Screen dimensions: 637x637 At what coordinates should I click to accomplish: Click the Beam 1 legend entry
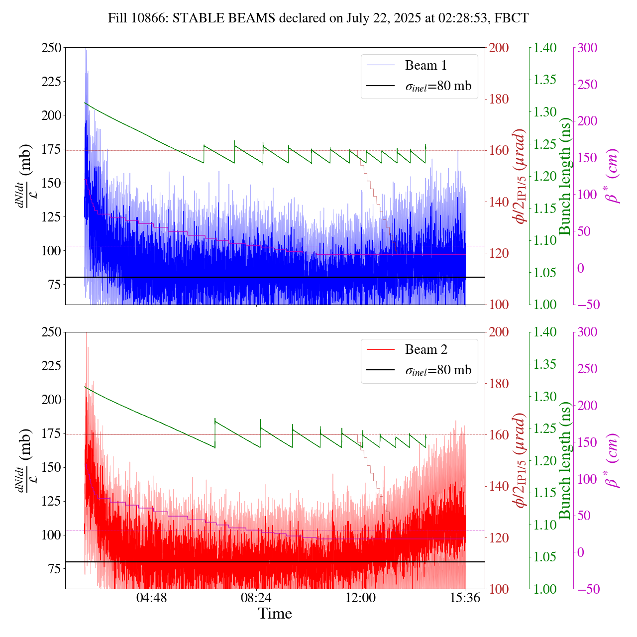click(426, 65)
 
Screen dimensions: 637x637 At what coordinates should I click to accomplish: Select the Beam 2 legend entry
click(426, 349)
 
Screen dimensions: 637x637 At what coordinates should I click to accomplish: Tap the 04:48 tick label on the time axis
click(152, 598)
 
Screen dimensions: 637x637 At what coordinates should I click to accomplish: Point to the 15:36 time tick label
click(465, 598)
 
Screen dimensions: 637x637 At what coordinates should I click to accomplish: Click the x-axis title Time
click(275, 614)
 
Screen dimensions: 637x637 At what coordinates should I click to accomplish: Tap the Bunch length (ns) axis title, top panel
click(565, 176)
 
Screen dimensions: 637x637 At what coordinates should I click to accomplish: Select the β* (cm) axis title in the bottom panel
click(613, 460)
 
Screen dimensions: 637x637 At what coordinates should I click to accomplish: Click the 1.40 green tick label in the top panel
click(545, 48)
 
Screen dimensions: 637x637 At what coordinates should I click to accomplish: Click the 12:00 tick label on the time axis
click(360, 598)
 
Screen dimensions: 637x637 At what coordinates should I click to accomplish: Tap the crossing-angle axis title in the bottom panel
click(521, 460)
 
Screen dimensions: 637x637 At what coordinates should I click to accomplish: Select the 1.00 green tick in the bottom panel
click(545, 589)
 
